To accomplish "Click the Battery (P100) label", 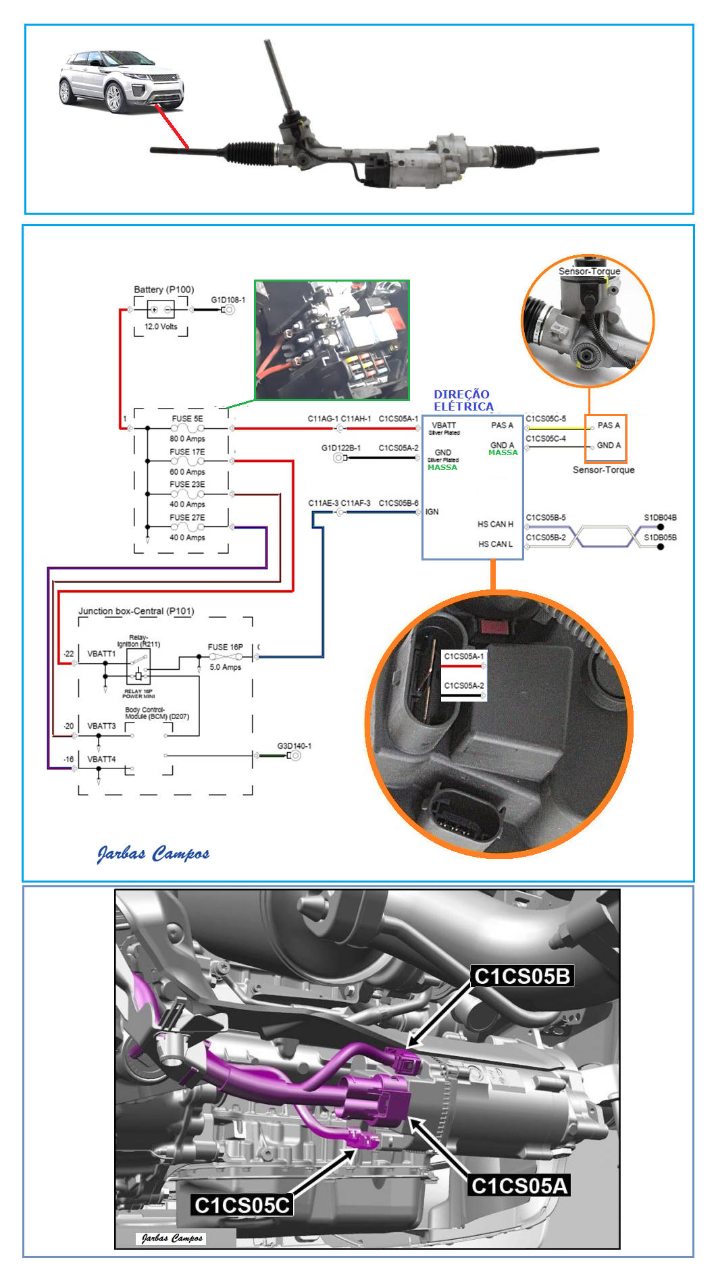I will pyautogui.click(x=163, y=290).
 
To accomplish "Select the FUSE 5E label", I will pyautogui.click(x=187, y=419).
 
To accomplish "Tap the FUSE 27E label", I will pyautogui.click(x=187, y=518).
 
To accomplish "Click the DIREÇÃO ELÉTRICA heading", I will pyautogui.click(x=463, y=400).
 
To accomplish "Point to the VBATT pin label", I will pyautogui.click(x=444, y=425).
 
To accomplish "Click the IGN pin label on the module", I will pyautogui.click(x=432, y=512).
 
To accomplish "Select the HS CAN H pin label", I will pyautogui.click(x=495, y=524).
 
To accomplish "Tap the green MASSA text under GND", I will pyautogui.click(x=442, y=467).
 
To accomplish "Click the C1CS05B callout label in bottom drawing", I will pyautogui.click(x=522, y=976).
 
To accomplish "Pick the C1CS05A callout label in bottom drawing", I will pyautogui.click(x=519, y=1185).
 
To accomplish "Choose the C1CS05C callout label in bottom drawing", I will pyautogui.click(x=242, y=1205).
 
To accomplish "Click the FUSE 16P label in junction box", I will pyautogui.click(x=225, y=647).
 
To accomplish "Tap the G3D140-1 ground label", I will pyautogui.click(x=294, y=746).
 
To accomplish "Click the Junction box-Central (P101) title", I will pyautogui.click(x=136, y=611).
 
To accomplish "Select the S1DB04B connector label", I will pyautogui.click(x=660, y=518).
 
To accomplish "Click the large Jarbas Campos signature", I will pyautogui.click(x=153, y=854).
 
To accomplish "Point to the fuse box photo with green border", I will pyautogui.click(x=332, y=340).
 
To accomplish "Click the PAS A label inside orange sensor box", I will pyautogui.click(x=608, y=425).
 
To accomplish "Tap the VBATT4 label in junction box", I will pyautogui.click(x=101, y=760).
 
